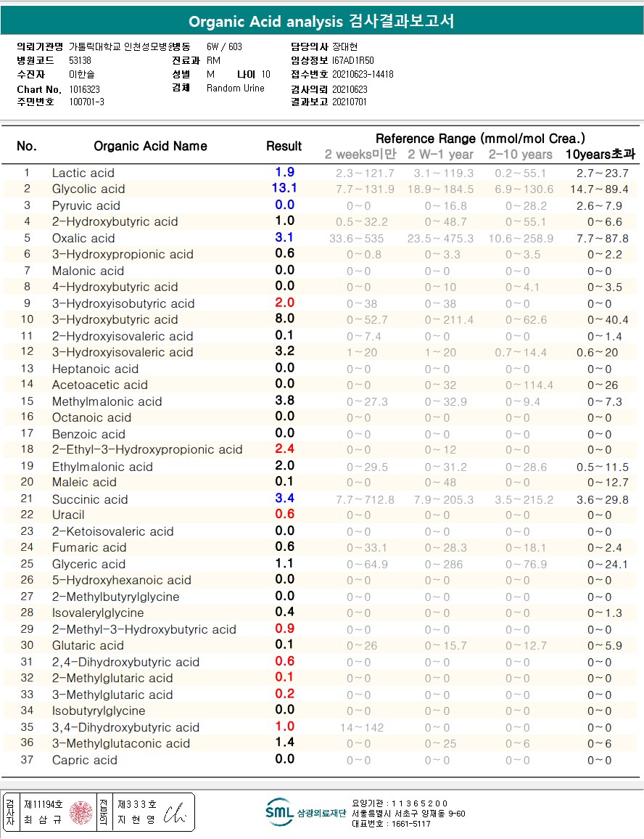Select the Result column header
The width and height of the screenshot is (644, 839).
[284, 146]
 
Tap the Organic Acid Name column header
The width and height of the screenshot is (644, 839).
[150, 146]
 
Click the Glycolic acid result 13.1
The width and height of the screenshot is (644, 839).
[284, 189]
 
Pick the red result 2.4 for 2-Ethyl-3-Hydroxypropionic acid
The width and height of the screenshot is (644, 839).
[284, 449]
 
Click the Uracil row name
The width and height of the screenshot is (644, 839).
[68, 515]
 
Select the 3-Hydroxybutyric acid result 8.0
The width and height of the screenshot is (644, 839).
[284, 319]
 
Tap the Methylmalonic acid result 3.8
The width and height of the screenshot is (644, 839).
[284, 401]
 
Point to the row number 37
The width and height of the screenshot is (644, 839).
[27, 760]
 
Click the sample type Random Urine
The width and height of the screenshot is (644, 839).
[236, 89]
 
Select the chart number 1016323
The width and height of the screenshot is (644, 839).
[85, 89]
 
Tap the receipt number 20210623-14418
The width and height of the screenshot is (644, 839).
[363, 74]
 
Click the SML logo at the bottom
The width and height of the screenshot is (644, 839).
[279, 812]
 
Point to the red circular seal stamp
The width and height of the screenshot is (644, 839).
[81, 812]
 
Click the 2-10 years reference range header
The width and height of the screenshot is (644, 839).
[520, 154]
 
